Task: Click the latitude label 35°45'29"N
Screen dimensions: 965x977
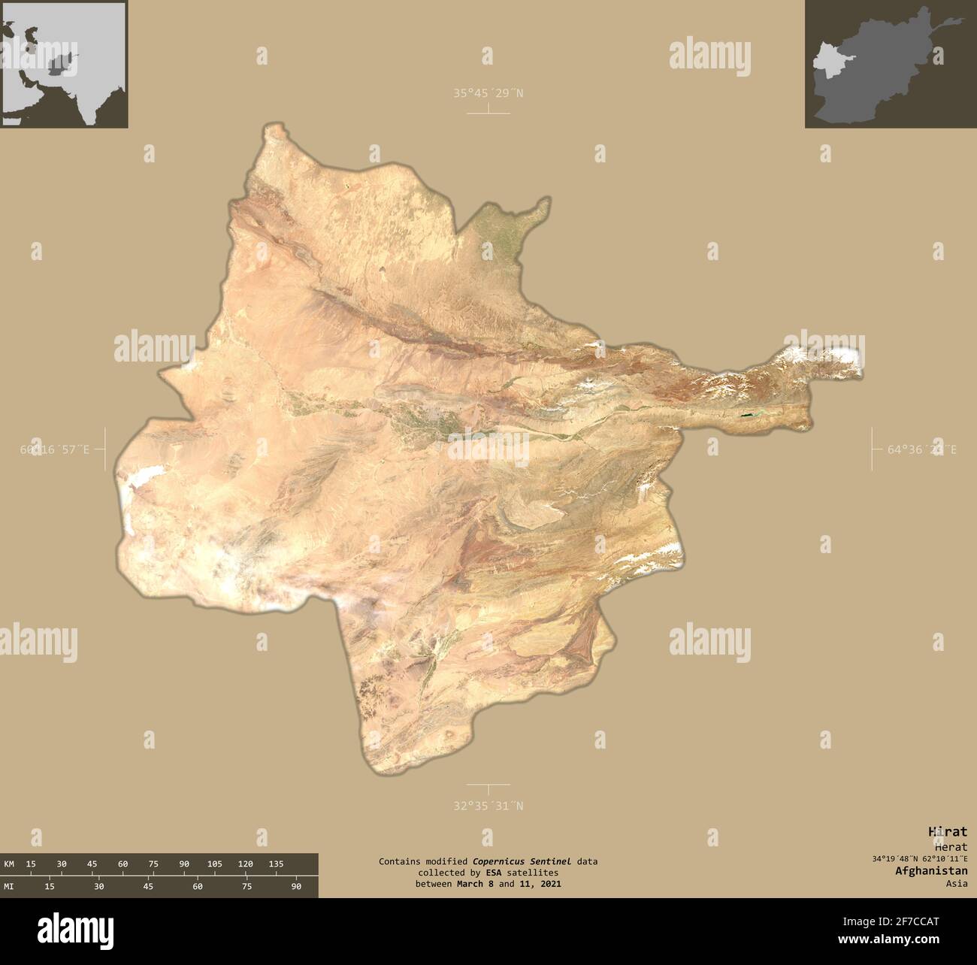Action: click(488, 93)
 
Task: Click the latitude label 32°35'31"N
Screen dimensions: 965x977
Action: click(488, 806)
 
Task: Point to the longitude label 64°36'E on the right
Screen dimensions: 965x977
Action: click(922, 449)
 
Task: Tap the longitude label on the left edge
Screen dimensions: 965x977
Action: click(55, 449)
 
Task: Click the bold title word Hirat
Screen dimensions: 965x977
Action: click(948, 831)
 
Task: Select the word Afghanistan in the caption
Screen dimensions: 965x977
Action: click(931, 870)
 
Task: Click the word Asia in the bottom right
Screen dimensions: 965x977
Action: click(957, 883)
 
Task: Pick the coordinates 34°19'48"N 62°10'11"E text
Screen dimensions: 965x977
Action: click(920, 858)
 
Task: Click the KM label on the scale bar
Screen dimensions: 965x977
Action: click(9, 864)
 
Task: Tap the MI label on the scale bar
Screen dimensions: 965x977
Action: click(9, 887)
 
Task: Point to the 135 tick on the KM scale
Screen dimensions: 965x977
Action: click(275, 864)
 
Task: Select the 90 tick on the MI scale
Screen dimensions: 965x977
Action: click(296, 887)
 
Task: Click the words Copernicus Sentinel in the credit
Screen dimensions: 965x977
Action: click(522, 861)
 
